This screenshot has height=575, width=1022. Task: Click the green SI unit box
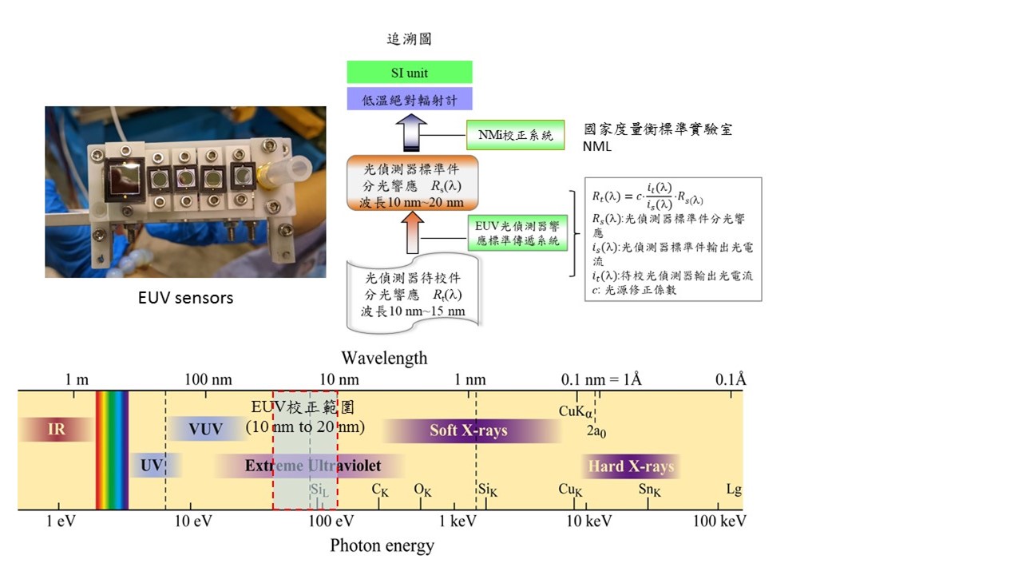click(409, 73)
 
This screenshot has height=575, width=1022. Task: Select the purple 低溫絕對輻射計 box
click(409, 99)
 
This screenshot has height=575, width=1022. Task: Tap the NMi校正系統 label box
click(515, 135)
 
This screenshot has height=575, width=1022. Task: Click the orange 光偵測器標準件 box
click(413, 184)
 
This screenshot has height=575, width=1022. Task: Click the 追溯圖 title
click(409, 38)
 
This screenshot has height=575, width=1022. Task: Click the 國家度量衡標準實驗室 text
click(658, 129)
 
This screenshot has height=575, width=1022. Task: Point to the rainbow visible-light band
click(112, 450)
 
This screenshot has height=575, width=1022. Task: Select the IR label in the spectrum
click(56, 430)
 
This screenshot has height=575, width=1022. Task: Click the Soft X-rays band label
click(469, 430)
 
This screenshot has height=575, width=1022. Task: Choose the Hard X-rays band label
click(631, 466)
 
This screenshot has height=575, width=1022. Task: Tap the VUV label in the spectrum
click(205, 430)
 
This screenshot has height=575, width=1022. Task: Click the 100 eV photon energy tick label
click(331, 521)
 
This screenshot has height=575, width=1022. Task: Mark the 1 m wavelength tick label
click(77, 379)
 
